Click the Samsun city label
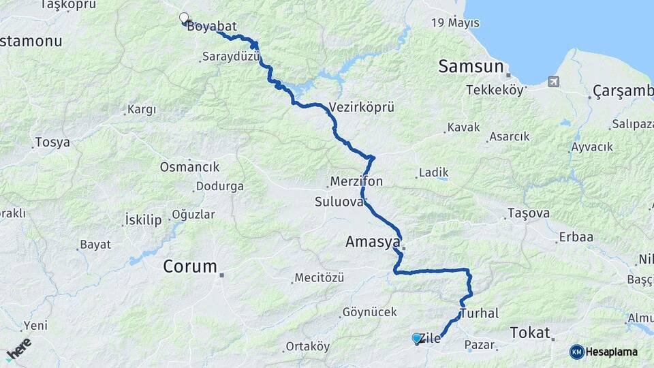coord(471,66)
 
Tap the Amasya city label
coord(371,242)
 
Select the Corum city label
coord(189,266)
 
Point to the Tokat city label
coord(530,333)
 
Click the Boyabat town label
coord(211,27)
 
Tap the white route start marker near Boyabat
coord(183,18)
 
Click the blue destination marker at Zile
coord(417,337)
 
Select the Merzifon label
coord(356,182)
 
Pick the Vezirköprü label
coord(361,107)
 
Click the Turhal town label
coord(480,313)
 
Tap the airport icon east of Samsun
coord(553,82)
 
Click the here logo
coord(18,349)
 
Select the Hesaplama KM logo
coord(604,352)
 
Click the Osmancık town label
coord(189,167)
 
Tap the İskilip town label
coord(143,219)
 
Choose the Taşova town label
coord(528,213)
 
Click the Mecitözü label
coord(319,278)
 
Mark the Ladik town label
coord(433,172)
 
